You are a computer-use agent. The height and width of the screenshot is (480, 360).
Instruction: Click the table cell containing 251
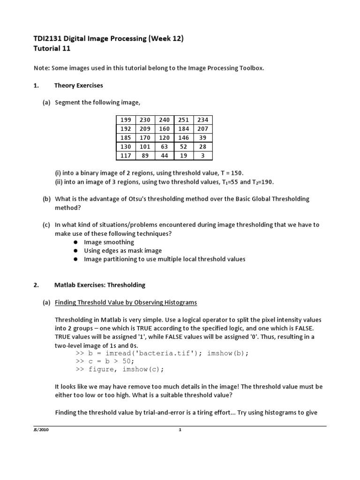(x=183, y=120)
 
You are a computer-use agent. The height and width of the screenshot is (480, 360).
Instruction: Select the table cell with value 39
(x=202, y=137)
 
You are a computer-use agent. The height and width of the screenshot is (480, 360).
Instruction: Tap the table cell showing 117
(x=126, y=155)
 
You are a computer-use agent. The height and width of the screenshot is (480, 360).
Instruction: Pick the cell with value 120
(x=164, y=137)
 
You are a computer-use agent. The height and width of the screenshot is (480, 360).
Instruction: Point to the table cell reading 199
(x=126, y=120)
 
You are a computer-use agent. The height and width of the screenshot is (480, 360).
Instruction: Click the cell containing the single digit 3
(x=202, y=155)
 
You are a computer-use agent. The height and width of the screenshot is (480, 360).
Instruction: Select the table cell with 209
(x=145, y=128)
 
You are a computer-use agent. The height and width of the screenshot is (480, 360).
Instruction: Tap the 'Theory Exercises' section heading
(x=78, y=85)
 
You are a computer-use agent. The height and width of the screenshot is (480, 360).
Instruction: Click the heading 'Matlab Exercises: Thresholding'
(x=99, y=285)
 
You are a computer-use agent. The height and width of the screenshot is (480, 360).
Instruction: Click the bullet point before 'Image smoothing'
(x=76, y=242)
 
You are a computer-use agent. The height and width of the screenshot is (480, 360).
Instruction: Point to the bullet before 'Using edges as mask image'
(x=76, y=251)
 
